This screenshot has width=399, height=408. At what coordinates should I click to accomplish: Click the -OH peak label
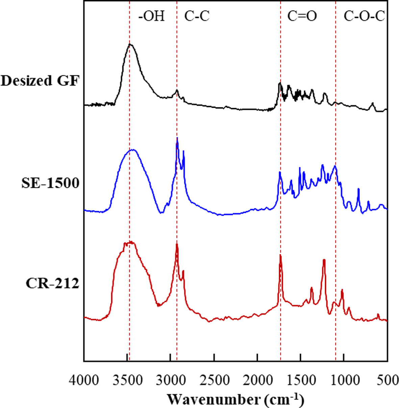click(152, 16)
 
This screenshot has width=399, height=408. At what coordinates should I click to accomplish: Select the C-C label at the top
click(197, 16)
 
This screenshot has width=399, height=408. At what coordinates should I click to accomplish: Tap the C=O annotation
click(302, 16)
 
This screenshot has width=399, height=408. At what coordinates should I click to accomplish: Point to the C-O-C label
click(364, 16)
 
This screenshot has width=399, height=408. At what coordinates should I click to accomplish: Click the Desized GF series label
click(40, 81)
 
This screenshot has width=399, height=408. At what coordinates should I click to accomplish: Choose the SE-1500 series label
click(50, 183)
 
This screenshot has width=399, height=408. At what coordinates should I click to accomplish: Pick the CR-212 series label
click(52, 283)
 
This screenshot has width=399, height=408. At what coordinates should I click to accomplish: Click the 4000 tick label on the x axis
click(84, 380)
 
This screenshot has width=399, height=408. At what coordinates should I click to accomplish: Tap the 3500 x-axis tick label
click(127, 380)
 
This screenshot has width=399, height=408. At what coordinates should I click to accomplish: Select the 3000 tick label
click(171, 380)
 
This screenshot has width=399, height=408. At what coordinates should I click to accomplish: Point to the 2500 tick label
click(214, 380)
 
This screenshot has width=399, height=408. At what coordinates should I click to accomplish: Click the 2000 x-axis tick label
click(257, 380)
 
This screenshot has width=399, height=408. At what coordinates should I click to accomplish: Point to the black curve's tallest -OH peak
click(130, 44)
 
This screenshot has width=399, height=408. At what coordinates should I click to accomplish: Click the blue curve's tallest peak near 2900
click(177, 138)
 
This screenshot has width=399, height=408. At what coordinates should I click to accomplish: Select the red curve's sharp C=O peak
click(280, 255)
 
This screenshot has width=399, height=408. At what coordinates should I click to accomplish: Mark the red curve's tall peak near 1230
click(324, 260)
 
